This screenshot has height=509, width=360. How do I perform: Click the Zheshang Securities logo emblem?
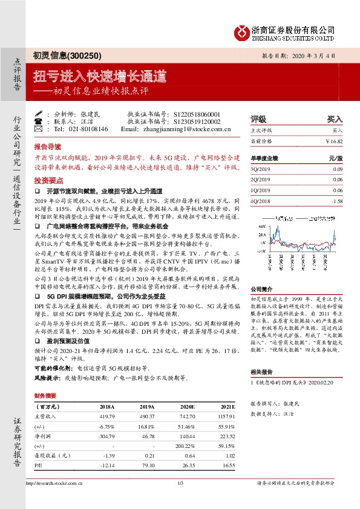click(240, 31)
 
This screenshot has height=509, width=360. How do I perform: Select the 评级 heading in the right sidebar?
click(258, 118)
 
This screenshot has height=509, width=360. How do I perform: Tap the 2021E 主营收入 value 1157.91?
click(224, 417)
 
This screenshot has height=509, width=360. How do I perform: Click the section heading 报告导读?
click(48, 146)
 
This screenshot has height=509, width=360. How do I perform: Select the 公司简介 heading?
click(261, 272)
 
